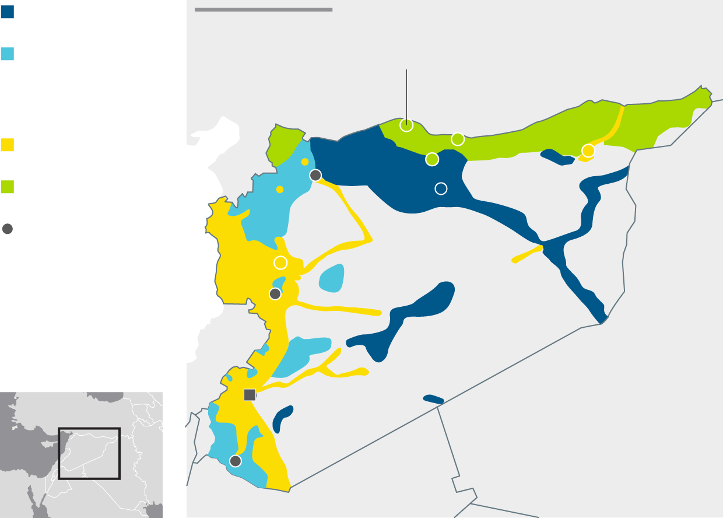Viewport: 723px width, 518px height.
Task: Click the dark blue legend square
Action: (x=8, y=12)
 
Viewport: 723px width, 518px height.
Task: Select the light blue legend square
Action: (x=8, y=54)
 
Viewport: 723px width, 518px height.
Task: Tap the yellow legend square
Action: (x=8, y=145)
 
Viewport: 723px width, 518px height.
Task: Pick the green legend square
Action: (x=8, y=187)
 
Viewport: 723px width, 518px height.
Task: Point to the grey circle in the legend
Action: (x=8, y=229)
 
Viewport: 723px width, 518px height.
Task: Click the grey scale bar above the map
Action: (x=264, y=9)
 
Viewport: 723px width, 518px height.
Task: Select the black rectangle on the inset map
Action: (x=89, y=454)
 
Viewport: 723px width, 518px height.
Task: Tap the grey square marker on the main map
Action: (x=250, y=395)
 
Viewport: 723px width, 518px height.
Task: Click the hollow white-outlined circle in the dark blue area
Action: (x=441, y=188)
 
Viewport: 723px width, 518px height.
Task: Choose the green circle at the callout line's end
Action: (x=406, y=125)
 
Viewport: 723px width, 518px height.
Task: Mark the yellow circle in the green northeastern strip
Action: (x=588, y=151)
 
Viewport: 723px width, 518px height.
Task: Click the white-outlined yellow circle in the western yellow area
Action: (x=280, y=262)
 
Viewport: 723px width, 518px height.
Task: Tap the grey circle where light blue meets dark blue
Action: (x=315, y=175)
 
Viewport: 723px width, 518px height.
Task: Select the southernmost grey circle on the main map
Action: (x=236, y=461)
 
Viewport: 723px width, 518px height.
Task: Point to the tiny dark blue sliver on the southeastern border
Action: (x=433, y=399)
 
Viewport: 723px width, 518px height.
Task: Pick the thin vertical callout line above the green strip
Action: (x=406, y=93)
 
